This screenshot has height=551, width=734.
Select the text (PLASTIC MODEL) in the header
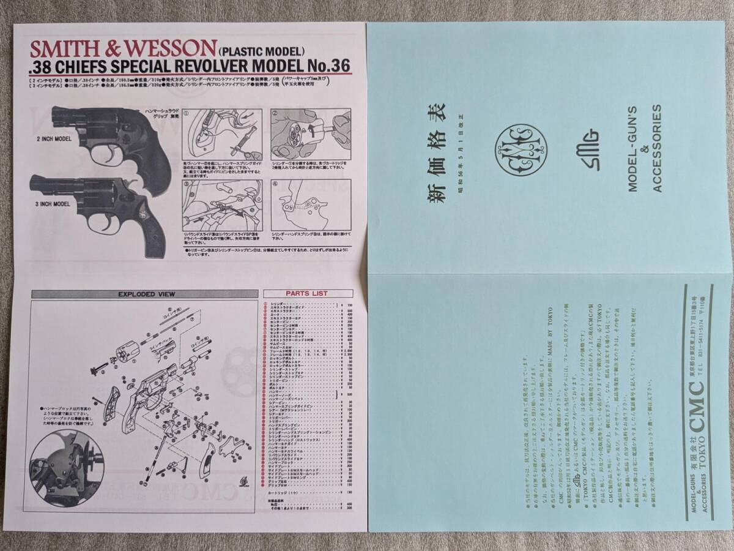click(260, 53)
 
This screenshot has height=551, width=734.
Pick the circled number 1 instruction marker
click(187, 113)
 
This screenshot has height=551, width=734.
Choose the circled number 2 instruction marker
click(275, 113)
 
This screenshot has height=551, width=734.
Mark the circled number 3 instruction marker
click(187, 183)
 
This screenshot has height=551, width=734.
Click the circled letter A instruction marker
click(275, 183)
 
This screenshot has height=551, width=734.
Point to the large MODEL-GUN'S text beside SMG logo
click(634, 148)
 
